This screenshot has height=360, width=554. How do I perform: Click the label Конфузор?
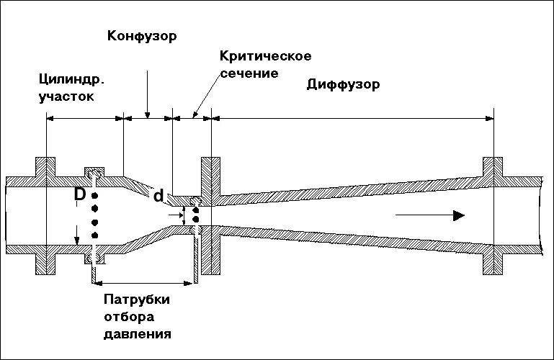pos(142,35)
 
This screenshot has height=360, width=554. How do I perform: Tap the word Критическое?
pos(255,56)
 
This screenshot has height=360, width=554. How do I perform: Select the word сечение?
pos(250,73)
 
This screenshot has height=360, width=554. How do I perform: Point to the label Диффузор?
pos(343,84)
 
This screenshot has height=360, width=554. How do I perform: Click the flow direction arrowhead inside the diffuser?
pos(457,215)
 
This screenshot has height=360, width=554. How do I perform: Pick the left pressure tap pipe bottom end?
pos(94,276)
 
